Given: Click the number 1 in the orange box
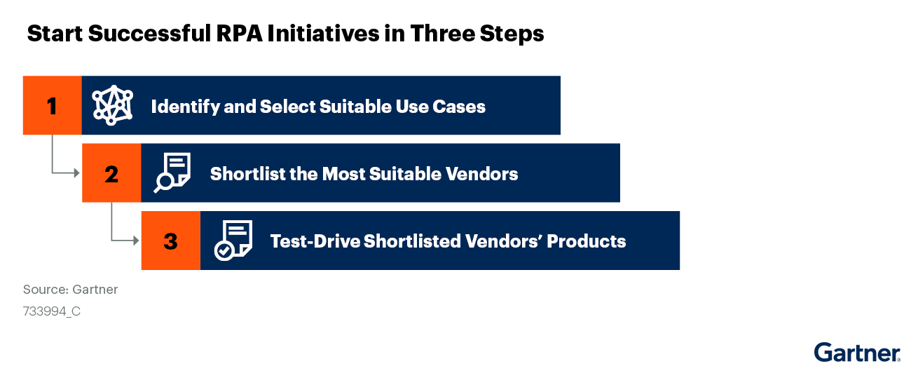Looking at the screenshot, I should (x=52, y=106).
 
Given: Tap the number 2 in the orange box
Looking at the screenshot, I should (x=111, y=173).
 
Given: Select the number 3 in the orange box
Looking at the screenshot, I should (x=170, y=241).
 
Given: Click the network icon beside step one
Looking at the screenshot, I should (x=113, y=106).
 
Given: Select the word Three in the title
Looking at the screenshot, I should (x=446, y=34).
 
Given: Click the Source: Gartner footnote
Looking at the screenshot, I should (x=70, y=290).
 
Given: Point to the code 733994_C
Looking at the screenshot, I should (x=52, y=311).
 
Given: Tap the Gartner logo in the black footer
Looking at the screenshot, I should (x=857, y=353).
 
